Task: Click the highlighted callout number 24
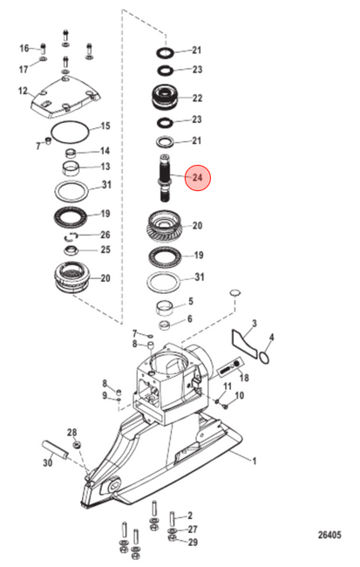point(197,178)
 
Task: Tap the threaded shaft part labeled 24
point(165,178)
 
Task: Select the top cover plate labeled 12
point(65,97)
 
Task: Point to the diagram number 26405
point(329,535)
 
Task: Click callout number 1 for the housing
point(255,461)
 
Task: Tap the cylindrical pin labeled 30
point(55,449)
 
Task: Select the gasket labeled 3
point(245,342)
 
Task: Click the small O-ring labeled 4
point(265,358)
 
